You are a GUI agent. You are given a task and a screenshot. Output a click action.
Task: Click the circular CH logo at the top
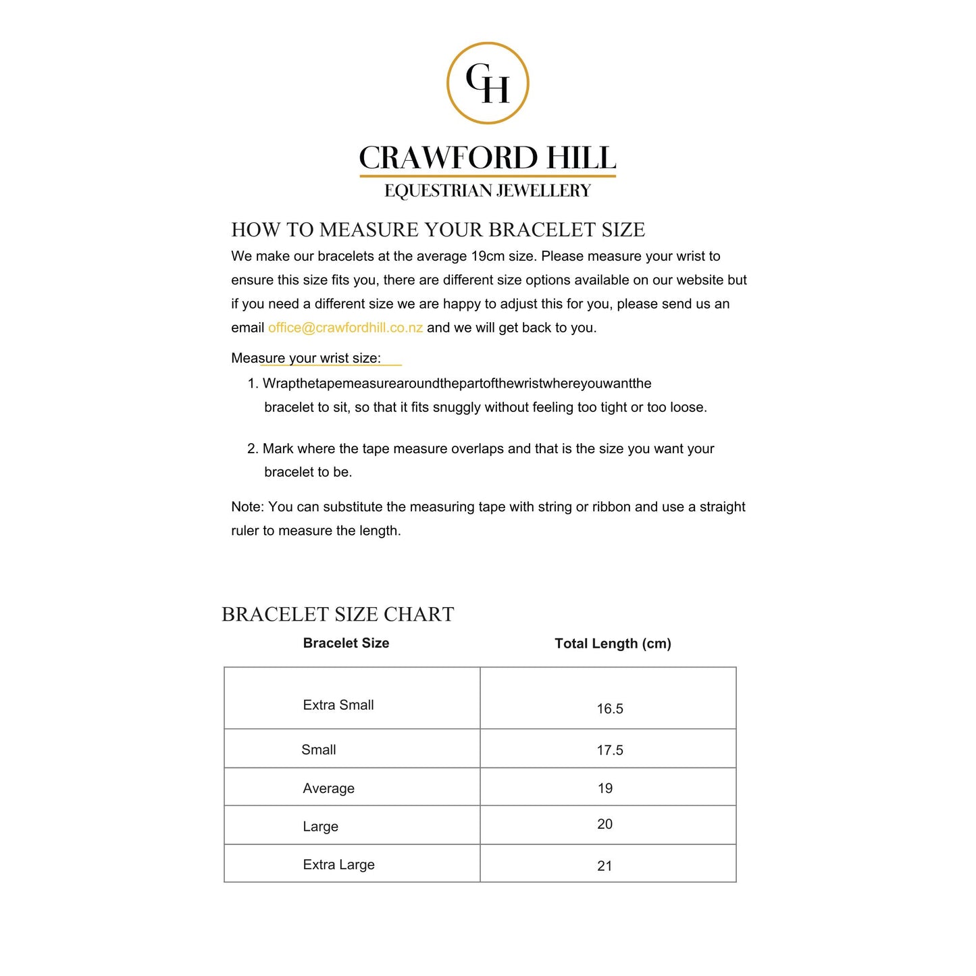pos(488,83)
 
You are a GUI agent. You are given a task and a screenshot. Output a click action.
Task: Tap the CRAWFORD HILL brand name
pos(487,158)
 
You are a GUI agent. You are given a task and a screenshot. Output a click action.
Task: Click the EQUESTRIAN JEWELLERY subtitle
pos(487,191)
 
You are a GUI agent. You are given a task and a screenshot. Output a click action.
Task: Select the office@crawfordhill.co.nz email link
pos(345,328)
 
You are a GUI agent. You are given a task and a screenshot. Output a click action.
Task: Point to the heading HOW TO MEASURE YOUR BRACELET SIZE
pos(438,230)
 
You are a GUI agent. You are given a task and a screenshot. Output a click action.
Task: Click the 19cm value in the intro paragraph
pos(487,257)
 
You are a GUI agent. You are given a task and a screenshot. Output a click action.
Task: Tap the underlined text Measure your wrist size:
pos(306,358)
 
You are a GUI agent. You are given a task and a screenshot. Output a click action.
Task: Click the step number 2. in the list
pos(253,449)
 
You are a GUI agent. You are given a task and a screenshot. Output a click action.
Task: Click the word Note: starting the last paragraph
pos(247,507)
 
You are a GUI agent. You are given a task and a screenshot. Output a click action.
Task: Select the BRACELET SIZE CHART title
pos(338,614)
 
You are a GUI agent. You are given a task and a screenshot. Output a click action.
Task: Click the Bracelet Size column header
pos(346,643)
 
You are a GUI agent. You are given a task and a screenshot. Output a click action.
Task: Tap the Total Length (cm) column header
pos(613,644)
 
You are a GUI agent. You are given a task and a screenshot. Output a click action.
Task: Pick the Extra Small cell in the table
pos(338,705)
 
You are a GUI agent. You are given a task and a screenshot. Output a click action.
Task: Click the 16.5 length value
pos(609,709)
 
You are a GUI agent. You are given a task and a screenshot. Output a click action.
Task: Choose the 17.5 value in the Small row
pos(609,750)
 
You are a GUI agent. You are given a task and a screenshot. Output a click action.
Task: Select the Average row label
pos(328,788)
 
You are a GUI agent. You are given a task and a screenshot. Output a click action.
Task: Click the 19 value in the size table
pos(605,788)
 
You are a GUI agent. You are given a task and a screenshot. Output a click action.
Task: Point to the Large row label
pos(320,827)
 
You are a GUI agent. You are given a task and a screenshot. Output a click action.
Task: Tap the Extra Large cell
pos(338,865)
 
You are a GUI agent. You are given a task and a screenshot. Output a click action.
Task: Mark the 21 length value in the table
pos(605,866)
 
